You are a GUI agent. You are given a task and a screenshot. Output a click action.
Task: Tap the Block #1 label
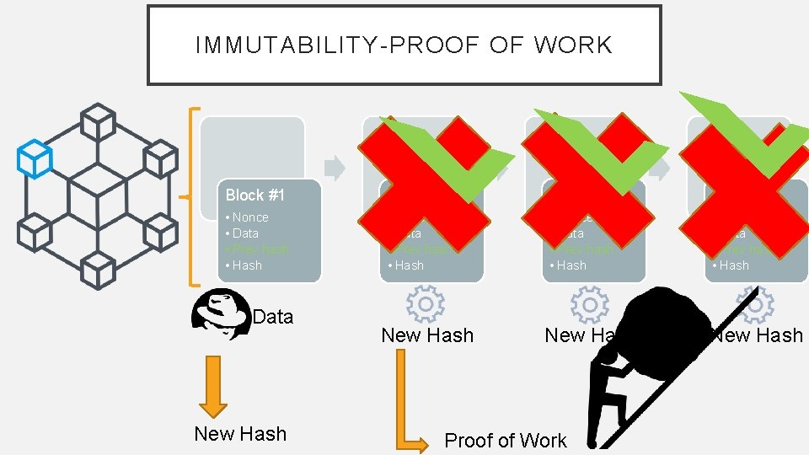pos(254,195)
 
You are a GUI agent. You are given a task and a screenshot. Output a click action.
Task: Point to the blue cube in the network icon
pos(35,158)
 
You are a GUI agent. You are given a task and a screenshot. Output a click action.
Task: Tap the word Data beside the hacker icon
pos(273,317)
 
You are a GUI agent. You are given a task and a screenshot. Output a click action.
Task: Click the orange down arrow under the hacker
pos(213,386)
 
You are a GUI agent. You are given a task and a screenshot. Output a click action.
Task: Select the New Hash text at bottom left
pos(240,434)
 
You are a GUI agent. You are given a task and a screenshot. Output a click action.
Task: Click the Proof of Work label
pos(506,441)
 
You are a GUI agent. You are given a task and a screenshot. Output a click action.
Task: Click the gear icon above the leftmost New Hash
pos(426,304)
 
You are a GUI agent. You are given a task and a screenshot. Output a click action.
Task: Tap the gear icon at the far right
pos(755,304)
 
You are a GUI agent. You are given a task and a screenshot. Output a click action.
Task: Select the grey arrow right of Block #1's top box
pos(335,167)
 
